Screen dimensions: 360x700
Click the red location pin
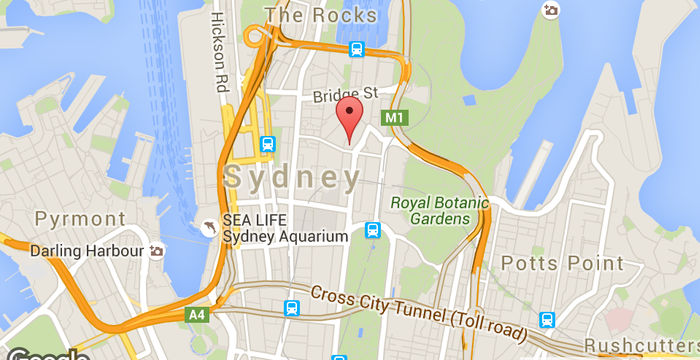point(348,118)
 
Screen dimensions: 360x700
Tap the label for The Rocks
point(320,15)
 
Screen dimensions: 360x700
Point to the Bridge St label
point(343,94)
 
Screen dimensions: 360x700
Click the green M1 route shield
point(395,118)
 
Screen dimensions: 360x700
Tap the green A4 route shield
point(195,315)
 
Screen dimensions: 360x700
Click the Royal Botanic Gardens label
point(439,210)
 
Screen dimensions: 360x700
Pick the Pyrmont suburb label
point(80,218)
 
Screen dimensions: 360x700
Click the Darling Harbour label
point(87,251)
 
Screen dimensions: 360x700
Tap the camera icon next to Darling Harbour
point(156,251)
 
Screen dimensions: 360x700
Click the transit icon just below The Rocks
point(355,48)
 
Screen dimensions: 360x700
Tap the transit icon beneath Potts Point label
point(547,320)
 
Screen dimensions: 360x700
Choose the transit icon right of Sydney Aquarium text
point(373,230)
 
